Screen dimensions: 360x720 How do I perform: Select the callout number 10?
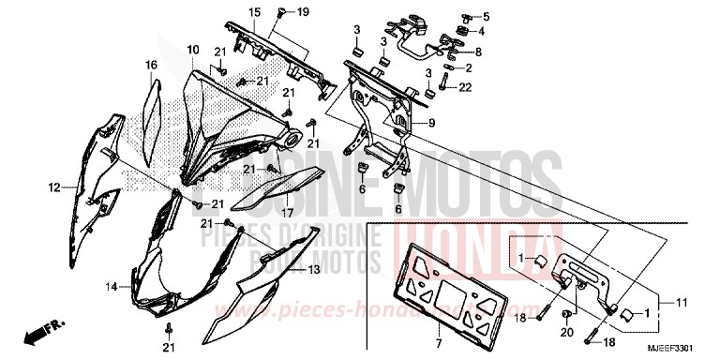[x=192, y=49]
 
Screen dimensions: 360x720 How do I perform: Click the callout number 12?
[x=53, y=187]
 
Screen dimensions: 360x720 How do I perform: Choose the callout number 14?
[x=111, y=287]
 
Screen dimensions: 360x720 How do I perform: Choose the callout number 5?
[x=486, y=16]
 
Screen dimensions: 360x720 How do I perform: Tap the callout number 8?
[x=478, y=52]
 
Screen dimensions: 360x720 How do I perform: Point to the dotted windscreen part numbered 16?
[x=154, y=112]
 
